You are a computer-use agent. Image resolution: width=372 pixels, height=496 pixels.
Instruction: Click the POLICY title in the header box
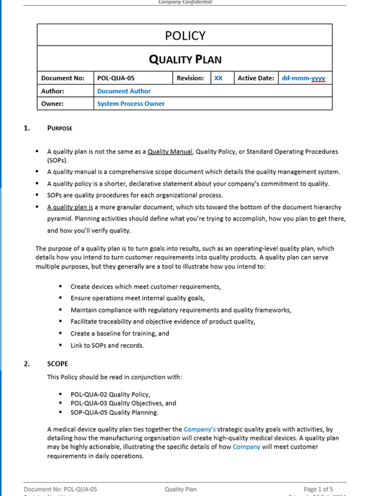pyautogui.click(x=185, y=36)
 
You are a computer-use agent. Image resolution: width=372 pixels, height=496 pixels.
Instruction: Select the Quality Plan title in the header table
pyautogui.click(x=185, y=60)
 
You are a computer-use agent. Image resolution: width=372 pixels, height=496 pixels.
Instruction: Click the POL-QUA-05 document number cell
pyautogui.click(x=115, y=78)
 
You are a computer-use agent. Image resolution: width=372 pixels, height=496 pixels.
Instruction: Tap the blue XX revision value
pyautogui.click(x=218, y=78)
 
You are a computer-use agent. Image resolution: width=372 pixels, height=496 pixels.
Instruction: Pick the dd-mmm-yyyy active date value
pyautogui.click(x=303, y=78)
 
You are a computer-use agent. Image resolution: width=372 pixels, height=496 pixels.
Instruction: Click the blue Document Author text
pyautogui.click(x=124, y=91)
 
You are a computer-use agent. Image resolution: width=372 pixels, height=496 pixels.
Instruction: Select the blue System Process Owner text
pyautogui.click(x=131, y=103)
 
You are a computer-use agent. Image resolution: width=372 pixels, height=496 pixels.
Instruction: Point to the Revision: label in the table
pyautogui.click(x=190, y=78)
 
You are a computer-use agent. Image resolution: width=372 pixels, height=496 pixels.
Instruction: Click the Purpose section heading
pyautogui.click(x=60, y=128)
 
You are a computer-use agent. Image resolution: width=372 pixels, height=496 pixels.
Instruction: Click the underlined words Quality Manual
pyautogui.click(x=170, y=152)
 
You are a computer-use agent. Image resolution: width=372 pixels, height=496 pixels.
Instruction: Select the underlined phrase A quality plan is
pyautogui.click(x=71, y=207)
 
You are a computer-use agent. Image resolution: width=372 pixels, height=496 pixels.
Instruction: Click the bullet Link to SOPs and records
pyautogui.click(x=107, y=345)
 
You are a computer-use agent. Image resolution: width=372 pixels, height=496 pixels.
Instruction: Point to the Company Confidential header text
pyautogui.click(x=185, y=3)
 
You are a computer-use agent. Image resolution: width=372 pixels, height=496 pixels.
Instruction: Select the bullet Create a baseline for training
pyautogui.click(x=119, y=334)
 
